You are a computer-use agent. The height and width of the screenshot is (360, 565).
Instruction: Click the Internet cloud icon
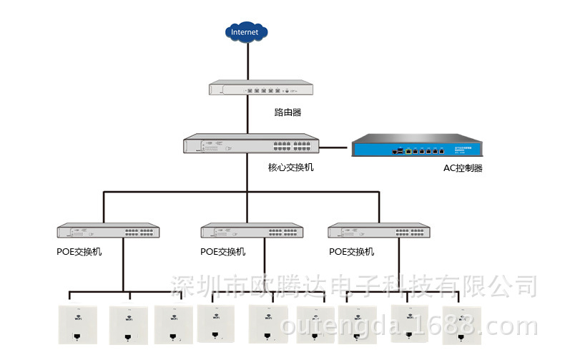[x=247, y=31]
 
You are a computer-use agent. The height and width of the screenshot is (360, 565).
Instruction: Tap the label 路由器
[x=288, y=112]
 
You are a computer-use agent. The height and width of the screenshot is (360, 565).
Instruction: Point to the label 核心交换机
[x=290, y=167]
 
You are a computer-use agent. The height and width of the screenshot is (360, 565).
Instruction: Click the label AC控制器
[x=463, y=168]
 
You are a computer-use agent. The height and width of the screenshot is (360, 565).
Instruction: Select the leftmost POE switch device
[x=108, y=231]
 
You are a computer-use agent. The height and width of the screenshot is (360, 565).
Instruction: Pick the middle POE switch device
[x=252, y=230]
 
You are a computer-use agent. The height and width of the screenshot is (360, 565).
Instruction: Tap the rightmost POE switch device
[x=379, y=230]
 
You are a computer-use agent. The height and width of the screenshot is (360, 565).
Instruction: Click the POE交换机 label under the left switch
[x=79, y=252]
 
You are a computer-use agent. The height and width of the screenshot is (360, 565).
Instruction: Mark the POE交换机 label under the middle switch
[x=223, y=252]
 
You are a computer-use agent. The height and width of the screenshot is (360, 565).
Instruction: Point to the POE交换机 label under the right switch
[x=351, y=252]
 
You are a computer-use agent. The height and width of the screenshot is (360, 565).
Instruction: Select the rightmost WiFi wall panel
[x=462, y=326]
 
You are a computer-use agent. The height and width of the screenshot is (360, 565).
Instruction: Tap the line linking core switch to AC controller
[x=334, y=148]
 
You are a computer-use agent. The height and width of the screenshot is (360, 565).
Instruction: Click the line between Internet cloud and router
[x=247, y=61]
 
